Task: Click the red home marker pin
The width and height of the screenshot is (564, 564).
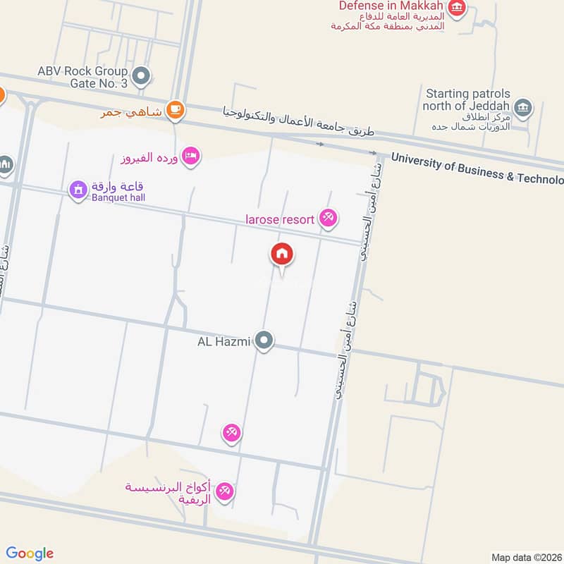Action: pos(282,255)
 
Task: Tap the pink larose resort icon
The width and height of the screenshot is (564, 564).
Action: pos(327,219)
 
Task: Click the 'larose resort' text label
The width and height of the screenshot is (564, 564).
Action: pos(280,219)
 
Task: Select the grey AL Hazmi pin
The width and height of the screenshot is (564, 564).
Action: pos(264,342)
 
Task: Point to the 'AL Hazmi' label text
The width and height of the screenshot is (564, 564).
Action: pos(224,342)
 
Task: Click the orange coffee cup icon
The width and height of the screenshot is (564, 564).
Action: pos(175,110)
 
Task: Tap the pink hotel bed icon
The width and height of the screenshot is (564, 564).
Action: pos(189,155)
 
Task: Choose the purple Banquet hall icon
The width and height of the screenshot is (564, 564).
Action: pos(78,189)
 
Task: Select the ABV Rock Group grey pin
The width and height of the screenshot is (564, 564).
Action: pos(142,76)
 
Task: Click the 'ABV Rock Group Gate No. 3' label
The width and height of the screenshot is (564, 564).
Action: pos(83,77)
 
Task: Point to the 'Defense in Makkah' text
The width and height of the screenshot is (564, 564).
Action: pos(391,6)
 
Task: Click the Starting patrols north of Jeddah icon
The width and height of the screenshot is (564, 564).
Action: pos(523,107)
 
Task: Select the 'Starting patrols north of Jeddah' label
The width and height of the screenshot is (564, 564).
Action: pos(466,100)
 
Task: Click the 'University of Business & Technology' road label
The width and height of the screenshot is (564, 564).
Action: pos(477,169)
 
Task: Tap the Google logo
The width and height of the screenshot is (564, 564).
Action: pos(30,553)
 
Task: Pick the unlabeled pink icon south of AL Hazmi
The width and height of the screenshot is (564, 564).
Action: pos(231,432)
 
